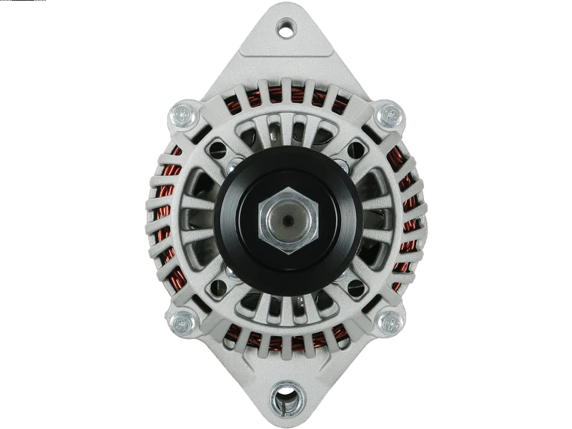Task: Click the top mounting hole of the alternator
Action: pos(286,29)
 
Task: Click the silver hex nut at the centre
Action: pos(287,220)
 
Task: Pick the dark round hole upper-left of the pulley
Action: pos(217,151)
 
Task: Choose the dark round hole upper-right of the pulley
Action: pos(355,151)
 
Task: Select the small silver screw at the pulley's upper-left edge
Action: pos(232,166)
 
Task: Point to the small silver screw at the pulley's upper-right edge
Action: pos(341,166)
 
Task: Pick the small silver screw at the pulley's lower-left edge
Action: pos(232,272)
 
